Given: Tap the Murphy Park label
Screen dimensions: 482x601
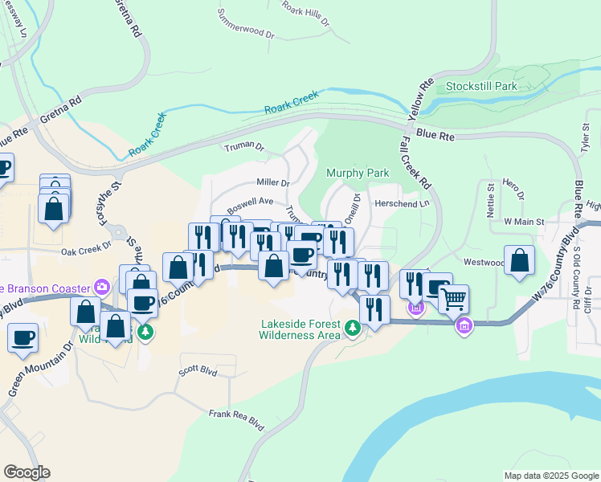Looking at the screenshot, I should tap(358, 173).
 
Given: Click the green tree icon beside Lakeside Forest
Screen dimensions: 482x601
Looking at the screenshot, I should tap(352, 327).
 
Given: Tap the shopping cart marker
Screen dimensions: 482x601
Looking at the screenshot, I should tap(453, 300).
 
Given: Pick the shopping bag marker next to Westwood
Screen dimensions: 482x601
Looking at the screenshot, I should tap(521, 260).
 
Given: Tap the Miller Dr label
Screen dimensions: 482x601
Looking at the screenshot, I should tap(272, 183).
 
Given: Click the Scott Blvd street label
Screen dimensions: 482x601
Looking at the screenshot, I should tap(198, 371).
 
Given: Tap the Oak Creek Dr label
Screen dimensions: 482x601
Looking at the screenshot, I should tap(86, 251).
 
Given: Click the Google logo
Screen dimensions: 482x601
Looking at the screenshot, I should tap(27, 472).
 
